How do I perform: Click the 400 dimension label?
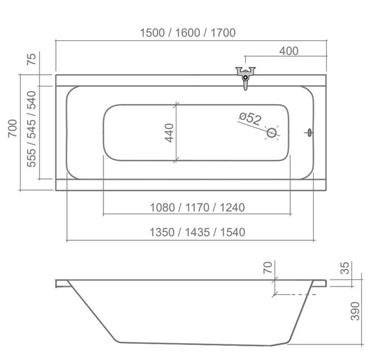tap(288, 51)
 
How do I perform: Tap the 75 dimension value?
tap(31, 59)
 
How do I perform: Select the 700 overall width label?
tap(12, 128)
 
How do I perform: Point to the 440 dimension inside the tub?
tap(169, 133)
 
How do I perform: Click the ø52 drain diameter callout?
tap(250, 118)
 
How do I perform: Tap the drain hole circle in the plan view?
tap(271, 133)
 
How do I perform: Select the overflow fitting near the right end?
tap(309, 133)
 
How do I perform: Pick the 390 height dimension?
tap(355, 311)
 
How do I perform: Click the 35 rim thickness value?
tap(345, 268)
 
